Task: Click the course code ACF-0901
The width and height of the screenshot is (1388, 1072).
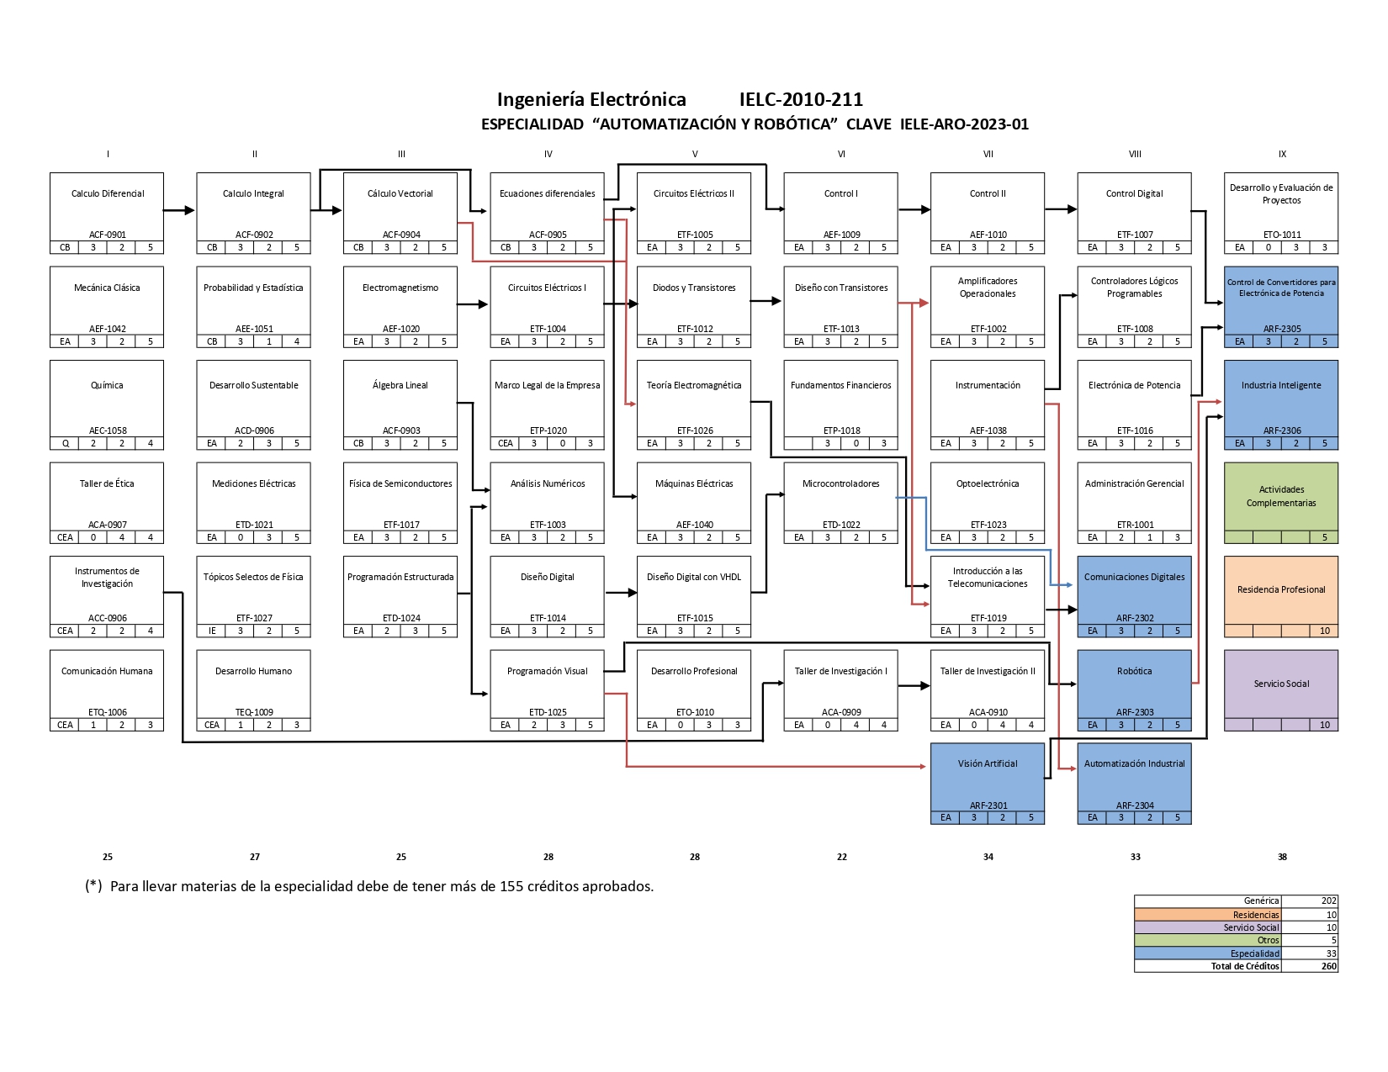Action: (x=108, y=235)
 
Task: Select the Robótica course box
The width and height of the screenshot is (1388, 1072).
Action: (x=1134, y=690)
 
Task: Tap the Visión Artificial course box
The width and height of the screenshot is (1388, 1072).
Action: (x=987, y=784)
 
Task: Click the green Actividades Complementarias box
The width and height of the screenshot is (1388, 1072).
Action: (x=1280, y=503)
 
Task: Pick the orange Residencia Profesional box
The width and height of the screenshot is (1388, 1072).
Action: (x=1280, y=596)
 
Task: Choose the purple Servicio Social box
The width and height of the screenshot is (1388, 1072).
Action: (x=1280, y=690)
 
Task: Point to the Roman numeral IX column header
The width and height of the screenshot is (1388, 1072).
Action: (x=1282, y=154)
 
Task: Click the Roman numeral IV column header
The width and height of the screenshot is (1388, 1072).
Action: (x=548, y=154)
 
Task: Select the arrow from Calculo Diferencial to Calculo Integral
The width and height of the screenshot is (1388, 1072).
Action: (x=179, y=210)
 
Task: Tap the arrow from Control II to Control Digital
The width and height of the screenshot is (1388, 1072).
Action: (x=1061, y=209)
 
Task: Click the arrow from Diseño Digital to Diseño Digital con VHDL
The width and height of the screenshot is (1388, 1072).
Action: (x=621, y=593)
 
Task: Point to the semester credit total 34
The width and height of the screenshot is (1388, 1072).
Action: (x=988, y=857)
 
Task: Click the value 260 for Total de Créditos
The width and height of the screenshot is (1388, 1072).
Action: (x=1328, y=966)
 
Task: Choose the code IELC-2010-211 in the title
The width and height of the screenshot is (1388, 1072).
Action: (x=801, y=99)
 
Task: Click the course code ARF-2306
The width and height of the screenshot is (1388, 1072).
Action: (x=1281, y=431)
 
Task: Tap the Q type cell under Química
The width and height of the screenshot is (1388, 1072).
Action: (x=65, y=443)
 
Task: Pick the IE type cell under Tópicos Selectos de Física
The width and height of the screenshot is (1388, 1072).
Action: (x=211, y=631)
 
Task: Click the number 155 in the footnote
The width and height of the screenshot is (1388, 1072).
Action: (x=511, y=886)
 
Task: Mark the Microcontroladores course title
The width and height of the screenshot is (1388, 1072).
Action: (x=840, y=483)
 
